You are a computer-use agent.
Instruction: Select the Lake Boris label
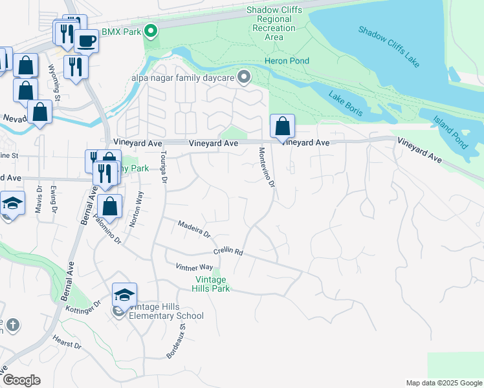pyautogui.click(x=346, y=104)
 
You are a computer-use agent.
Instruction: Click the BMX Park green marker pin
pyautogui.click(x=151, y=30)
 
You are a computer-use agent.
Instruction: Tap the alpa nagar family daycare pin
pyautogui.click(x=244, y=78)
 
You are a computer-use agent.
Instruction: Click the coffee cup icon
pyautogui.click(x=86, y=42)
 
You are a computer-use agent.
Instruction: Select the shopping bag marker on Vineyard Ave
pyautogui.click(x=282, y=125)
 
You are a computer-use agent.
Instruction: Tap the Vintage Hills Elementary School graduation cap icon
pyautogui.click(x=124, y=296)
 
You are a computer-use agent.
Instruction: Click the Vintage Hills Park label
pyautogui.click(x=212, y=284)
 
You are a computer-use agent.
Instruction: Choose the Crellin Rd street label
pyautogui.click(x=228, y=252)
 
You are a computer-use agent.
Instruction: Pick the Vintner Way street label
pyautogui.click(x=194, y=267)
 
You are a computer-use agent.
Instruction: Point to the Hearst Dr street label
pyautogui.click(x=67, y=342)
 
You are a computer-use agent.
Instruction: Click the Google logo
pyautogui.click(x=21, y=380)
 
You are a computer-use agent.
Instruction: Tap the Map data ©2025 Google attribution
pyautogui.click(x=443, y=383)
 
